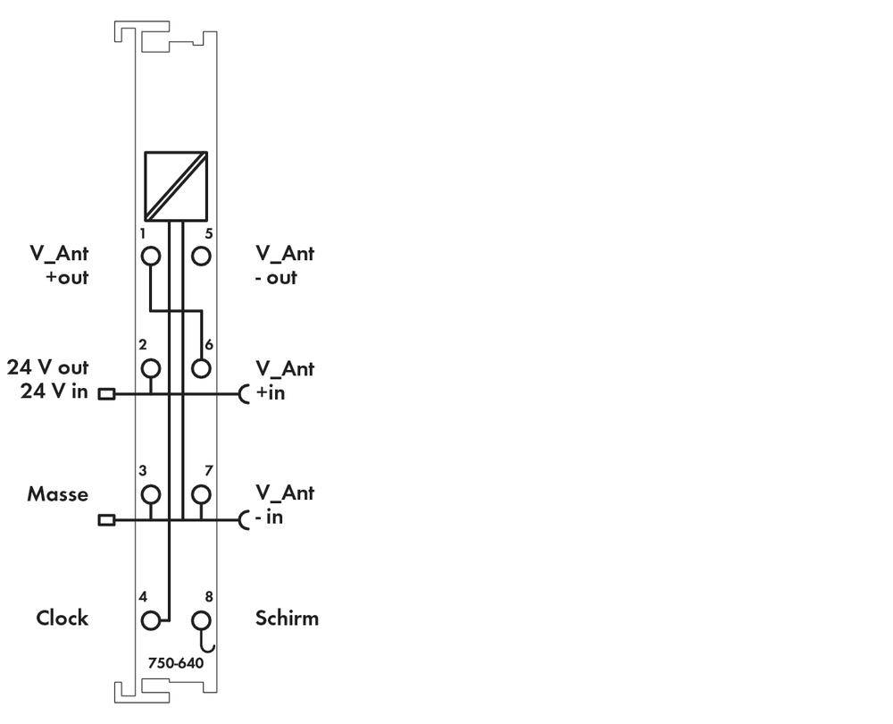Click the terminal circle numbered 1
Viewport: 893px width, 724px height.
[151, 256]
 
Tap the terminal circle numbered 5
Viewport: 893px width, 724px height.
[201, 256]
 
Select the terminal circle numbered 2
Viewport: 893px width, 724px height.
[151, 368]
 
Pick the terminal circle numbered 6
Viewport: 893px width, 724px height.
[201, 368]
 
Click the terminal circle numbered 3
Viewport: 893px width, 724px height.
[151, 494]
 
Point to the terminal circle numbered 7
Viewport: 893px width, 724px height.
[201, 494]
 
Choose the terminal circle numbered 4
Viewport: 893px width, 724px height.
[151, 620]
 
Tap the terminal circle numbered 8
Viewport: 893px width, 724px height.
[201, 620]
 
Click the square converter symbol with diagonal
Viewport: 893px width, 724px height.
[176, 187]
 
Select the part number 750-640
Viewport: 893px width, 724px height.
[175, 663]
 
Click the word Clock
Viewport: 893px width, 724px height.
[63, 618]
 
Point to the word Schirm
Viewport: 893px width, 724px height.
[287, 618]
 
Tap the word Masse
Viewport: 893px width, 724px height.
[58, 493]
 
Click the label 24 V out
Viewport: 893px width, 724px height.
[48, 367]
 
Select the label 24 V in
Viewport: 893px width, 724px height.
[54, 391]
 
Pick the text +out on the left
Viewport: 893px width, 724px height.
[67, 278]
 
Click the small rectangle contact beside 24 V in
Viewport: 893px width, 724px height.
[106, 394]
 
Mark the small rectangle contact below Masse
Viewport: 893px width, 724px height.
[106, 520]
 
